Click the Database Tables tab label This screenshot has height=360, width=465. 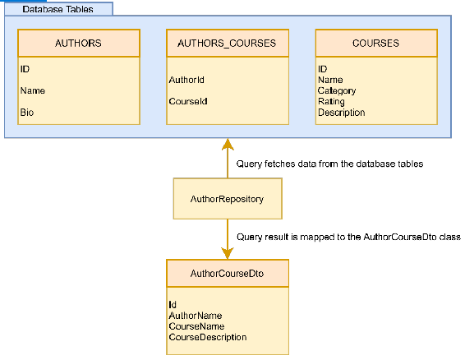click(58, 9)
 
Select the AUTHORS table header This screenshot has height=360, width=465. click(79, 43)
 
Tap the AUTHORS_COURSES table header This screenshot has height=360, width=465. click(228, 43)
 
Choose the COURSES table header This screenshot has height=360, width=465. click(376, 43)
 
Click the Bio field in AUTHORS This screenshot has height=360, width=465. click(27, 112)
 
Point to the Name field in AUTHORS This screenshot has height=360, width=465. click(33, 90)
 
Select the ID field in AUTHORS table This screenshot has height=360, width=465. click(25, 69)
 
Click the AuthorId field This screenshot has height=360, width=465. click(186, 80)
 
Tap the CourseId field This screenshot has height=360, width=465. click(188, 101)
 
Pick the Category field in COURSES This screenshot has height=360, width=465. click(337, 90)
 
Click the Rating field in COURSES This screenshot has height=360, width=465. click(331, 102)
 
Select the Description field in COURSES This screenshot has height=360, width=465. click(341, 113)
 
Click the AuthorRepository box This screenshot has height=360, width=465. click(228, 199)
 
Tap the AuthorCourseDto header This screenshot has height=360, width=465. click(228, 274)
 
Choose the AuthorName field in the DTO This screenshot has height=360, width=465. click(196, 316)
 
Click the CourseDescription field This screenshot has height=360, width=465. click(208, 337)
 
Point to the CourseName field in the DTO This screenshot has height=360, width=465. click(196, 326)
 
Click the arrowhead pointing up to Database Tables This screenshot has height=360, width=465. click(228, 144)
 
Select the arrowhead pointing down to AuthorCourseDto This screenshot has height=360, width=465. click(228, 253)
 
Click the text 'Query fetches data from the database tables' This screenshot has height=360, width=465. click(329, 164)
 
